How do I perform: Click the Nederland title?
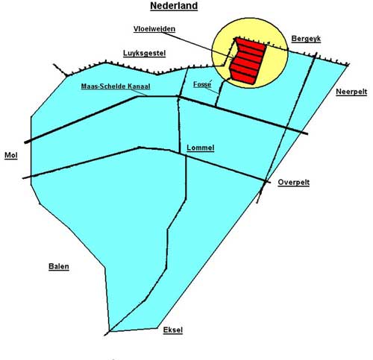174,6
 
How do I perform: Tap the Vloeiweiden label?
154,29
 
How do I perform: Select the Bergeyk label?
306,39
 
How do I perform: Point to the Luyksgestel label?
145,53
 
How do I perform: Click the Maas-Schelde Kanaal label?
116,86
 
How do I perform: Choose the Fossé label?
202,84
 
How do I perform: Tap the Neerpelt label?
351,92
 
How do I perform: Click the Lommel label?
201,148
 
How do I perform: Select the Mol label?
11,155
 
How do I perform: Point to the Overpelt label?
294,182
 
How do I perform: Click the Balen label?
59,266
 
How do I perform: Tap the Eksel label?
173,330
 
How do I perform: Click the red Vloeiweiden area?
248,61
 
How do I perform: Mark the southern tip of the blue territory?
110,332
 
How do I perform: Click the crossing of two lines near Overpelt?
265,181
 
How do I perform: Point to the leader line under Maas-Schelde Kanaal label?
139,92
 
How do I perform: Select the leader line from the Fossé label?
211,91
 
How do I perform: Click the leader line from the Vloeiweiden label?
198,45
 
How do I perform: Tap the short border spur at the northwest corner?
60,70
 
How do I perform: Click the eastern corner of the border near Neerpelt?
348,65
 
